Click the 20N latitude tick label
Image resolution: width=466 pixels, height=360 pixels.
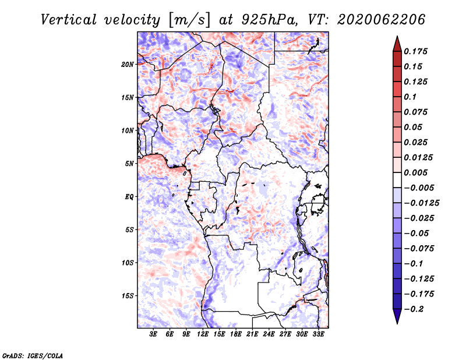(128, 65)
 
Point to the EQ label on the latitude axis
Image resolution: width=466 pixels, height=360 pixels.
(129, 197)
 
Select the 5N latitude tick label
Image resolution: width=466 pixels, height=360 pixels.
(129, 164)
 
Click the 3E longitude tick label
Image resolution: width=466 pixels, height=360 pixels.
(153, 334)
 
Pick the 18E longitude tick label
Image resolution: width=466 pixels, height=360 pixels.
(236, 334)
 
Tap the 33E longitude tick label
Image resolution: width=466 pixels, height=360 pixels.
(318, 334)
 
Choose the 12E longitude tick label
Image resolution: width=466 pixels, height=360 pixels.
(203, 334)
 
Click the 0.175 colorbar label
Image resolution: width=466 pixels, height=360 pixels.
(415, 51)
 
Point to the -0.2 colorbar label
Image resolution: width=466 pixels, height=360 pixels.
(414, 309)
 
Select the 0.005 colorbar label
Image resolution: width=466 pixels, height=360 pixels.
(415, 172)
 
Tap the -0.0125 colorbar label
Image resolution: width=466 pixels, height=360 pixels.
(421, 203)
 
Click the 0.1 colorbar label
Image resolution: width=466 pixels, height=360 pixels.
(410, 97)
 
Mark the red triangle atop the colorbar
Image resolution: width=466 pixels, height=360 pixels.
(397, 44)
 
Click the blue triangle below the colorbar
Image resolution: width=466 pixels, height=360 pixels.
(397, 316)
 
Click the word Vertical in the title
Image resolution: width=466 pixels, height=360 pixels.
(69, 20)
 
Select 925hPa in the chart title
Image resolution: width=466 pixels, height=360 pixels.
(269, 20)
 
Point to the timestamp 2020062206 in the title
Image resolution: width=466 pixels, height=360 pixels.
(382, 20)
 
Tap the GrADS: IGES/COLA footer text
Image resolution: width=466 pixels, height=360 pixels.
(33, 356)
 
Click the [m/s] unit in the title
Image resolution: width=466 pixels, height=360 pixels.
(189, 20)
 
